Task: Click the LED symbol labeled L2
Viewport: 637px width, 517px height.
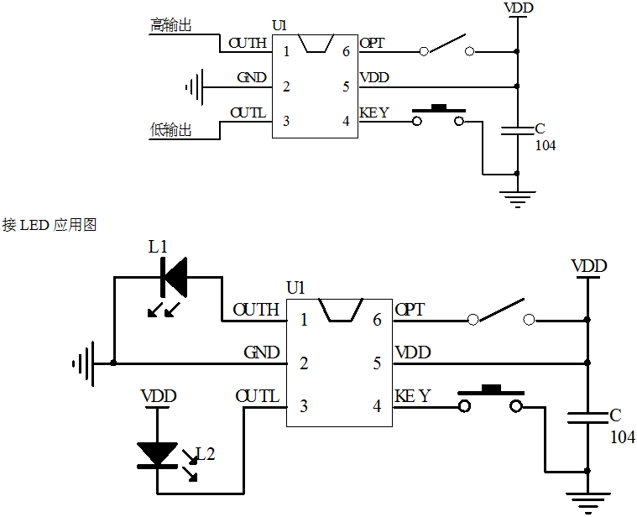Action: [157, 454]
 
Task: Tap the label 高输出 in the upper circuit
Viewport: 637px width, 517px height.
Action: [170, 26]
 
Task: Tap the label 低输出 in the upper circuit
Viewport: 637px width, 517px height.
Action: [170, 130]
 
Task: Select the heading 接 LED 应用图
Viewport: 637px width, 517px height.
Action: [50, 225]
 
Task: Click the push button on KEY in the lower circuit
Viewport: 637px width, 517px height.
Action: [491, 399]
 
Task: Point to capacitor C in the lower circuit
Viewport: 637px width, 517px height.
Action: [587, 417]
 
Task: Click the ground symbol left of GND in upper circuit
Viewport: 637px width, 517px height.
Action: [195, 86]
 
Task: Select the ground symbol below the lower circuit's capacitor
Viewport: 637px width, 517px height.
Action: [587, 500]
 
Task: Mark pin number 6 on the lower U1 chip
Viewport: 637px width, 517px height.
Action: [378, 320]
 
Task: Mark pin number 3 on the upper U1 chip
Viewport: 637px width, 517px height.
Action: [286, 121]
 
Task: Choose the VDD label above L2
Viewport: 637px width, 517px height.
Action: [158, 396]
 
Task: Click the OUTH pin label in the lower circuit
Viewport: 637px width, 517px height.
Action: [256, 310]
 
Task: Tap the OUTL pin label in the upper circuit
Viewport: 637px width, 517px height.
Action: [248, 112]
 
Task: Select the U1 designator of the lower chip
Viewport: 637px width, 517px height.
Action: [295, 288]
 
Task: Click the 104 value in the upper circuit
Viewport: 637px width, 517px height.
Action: [546, 145]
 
